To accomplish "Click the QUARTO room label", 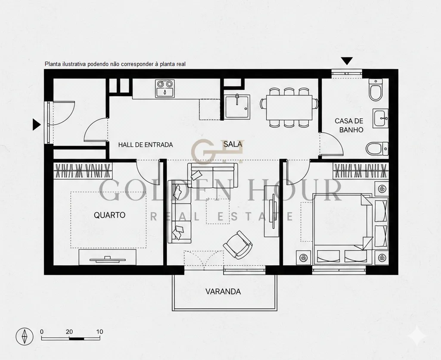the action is [x=109, y=215].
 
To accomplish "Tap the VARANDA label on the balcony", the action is [x=223, y=291].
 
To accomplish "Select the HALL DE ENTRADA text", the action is [x=146, y=145].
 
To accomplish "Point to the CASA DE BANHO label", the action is [x=349, y=125].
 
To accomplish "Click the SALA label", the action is [x=233, y=144].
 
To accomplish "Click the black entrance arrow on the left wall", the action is [x=36, y=125].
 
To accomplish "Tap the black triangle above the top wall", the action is [x=347, y=61].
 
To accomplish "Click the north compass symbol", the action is [x=25, y=336].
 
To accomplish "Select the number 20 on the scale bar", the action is [x=69, y=332].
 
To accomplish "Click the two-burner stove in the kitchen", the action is [x=165, y=88].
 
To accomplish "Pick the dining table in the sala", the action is [x=289, y=108].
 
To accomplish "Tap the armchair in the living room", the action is [x=238, y=245].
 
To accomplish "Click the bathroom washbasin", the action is [x=381, y=118].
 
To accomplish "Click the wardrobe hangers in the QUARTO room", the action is [x=83, y=171].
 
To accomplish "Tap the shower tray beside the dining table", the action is [x=237, y=106].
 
